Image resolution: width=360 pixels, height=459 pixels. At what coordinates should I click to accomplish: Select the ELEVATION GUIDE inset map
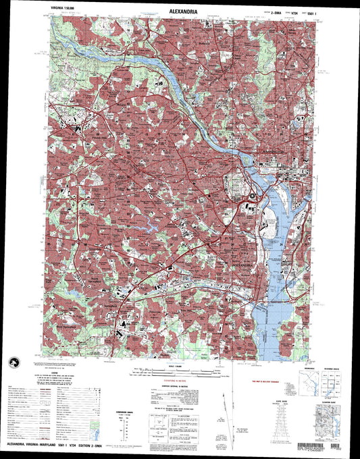pyautogui.click(x=328, y=419)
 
